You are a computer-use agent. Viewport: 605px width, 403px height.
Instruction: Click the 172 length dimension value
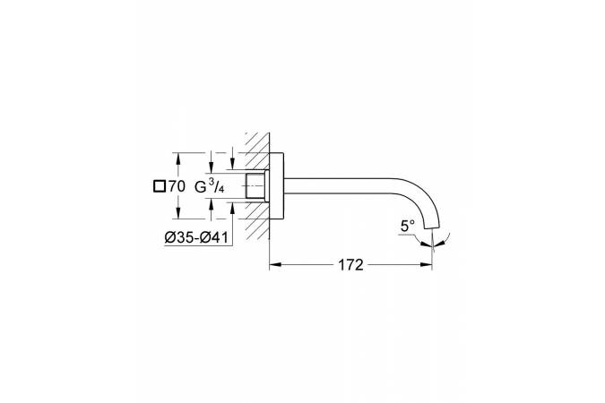(x=350, y=265)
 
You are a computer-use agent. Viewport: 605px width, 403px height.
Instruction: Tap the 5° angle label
(x=407, y=226)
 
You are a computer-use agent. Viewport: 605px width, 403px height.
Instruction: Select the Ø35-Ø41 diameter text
(x=196, y=238)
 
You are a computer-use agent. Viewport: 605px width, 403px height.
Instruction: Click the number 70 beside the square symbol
(x=177, y=186)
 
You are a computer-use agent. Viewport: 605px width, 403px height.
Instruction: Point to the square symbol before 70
(x=160, y=186)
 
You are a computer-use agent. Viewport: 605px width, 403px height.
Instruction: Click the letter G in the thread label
(x=200, y=187)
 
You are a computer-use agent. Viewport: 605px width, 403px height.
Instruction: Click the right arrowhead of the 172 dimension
(x=427, y=264)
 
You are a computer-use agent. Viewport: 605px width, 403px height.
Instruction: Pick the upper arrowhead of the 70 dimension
(x=177, y=159)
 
